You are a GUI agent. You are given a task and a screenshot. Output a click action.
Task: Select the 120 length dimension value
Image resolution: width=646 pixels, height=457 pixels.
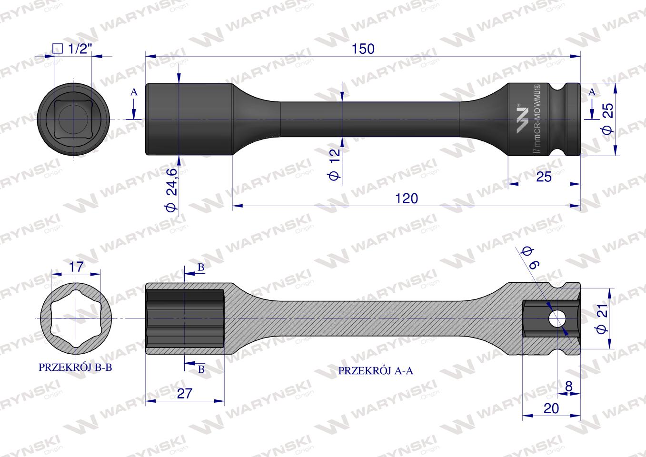[406, 198]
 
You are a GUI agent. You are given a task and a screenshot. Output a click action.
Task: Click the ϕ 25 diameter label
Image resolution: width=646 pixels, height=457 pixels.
[607, 119]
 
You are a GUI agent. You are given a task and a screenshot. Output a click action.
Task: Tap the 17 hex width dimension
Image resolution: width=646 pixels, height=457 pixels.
[76, 267]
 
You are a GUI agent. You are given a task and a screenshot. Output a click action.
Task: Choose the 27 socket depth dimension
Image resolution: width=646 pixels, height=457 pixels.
[184, 393]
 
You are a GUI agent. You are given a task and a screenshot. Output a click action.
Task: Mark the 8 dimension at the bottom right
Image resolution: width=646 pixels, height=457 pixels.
[568, 387]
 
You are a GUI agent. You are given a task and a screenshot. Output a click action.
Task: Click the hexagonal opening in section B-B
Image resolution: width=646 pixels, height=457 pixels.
[76, 318]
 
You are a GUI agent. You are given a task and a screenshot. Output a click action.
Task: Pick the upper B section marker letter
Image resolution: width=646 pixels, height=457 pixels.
[201, 268]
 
